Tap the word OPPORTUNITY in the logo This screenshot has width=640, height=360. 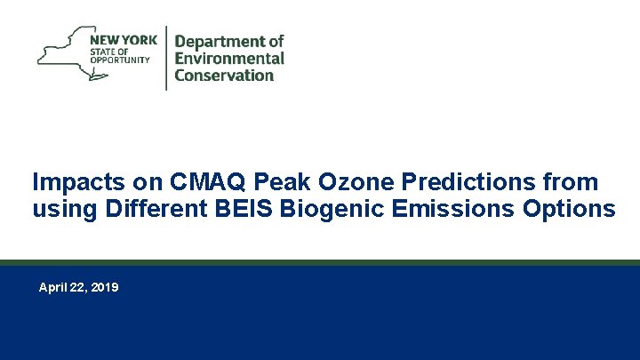pos(119,60)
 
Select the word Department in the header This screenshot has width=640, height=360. pos(228,42)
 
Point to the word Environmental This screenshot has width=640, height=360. pos(229,59)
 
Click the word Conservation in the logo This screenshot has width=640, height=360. pos(224,76)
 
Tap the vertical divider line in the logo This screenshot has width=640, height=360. pos(166,57)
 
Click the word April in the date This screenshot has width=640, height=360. pos(53,288)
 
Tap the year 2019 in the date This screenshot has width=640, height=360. pos(104,288)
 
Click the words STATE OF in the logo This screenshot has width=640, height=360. pos(108,51)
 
